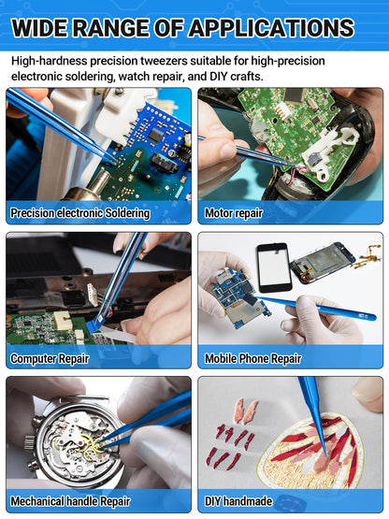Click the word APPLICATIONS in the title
click(x=271, y=28)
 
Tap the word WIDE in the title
click(x=39, y=28)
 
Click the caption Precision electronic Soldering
click(x=80, y=213)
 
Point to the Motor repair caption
click(x=234, y=213)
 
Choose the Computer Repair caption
click(x=50, y=358)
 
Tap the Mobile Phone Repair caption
click(x=252, y=358)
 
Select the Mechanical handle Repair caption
click(x=70, y=501)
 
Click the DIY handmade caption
click(x=238, y=501)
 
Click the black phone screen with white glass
click(x=274, y=267)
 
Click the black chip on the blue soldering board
click(x=155, y=135)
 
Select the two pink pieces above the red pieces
click(x=245, y=411)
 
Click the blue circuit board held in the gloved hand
click(x=235, y=296)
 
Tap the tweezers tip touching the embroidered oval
click(x=326, y=458)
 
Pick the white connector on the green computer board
click(x=62, y=320)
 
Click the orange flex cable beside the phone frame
click(x=367, y=255)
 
